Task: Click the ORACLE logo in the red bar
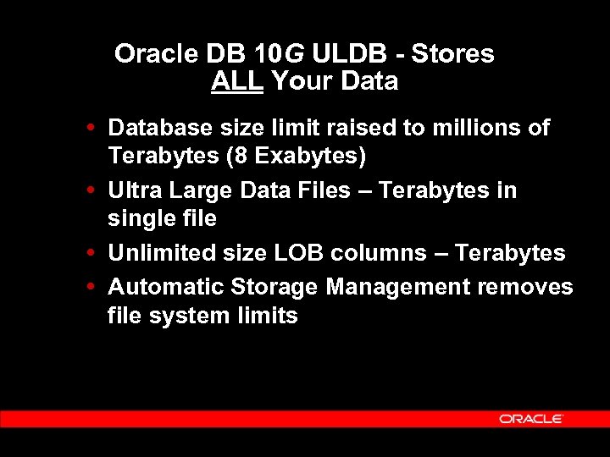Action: point(531,419)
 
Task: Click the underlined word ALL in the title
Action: point(238,82)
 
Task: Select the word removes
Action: point(525,287)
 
